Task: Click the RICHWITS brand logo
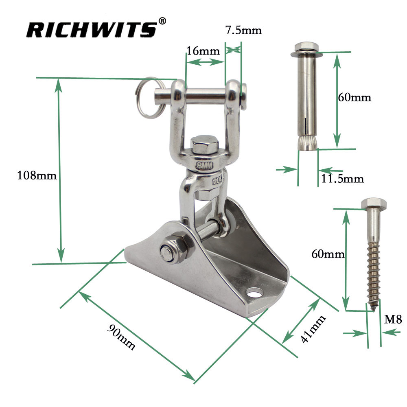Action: point(92,30)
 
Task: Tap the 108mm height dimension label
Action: point(36,176)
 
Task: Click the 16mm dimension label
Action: point(203,51)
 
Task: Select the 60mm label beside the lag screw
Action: point(328,254)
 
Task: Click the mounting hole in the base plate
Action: point(256,292)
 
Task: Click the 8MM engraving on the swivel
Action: point(204,165)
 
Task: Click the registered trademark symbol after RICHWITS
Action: point(162,20)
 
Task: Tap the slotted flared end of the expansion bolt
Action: point(307,142)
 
